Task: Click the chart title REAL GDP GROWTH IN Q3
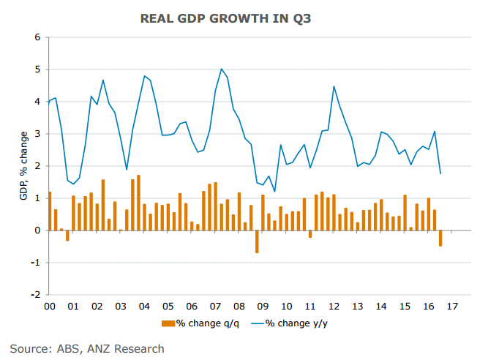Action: tap(244, 19)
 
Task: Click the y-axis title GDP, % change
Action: tap(24, 165)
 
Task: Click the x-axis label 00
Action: tap(50, 306)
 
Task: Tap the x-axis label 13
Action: tap(359, 306)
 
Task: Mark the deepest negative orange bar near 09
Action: tap(257, 241)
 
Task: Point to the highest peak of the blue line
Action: tap(221, 69)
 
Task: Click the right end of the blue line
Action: tap(440, 173)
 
